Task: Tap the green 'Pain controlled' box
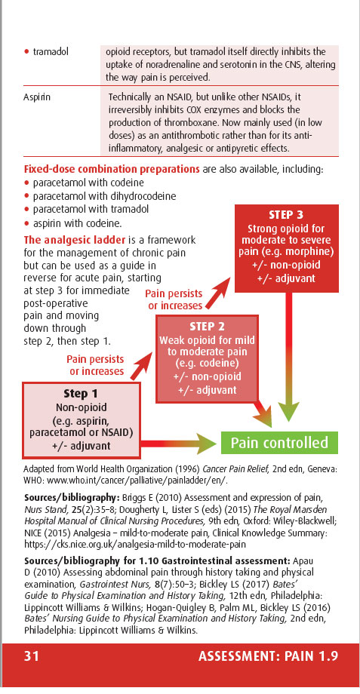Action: (279, 443)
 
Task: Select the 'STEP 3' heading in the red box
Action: (286, 215)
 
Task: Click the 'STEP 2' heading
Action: (207, 327)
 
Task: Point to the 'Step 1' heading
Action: (81, 394)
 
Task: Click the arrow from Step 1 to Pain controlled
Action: (177, 443)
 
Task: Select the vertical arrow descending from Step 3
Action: (289, 357)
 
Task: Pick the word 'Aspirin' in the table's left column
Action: (37, 97)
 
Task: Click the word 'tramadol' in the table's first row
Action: (51, 52)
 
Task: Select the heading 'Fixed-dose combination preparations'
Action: (111, 169)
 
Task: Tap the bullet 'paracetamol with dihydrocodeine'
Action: (104, 195)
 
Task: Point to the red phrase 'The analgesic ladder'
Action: (75, 241)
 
